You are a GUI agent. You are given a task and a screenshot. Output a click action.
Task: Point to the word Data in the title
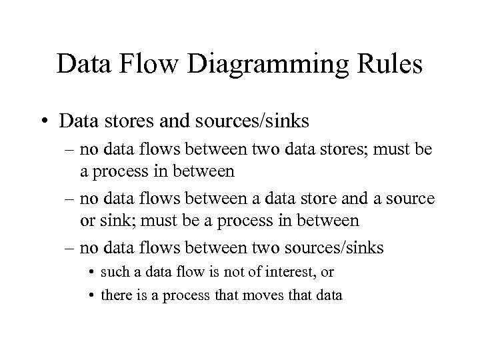[x=83, y=65]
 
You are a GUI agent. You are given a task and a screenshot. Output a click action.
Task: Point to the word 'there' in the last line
[x=116, y=294]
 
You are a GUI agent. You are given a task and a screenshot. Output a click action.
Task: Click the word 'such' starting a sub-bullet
[x=116, y=272]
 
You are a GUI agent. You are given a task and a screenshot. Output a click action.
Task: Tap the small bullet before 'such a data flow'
[x=92, y=272]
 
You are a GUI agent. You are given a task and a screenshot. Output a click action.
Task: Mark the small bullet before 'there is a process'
[x=92, y=294]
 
